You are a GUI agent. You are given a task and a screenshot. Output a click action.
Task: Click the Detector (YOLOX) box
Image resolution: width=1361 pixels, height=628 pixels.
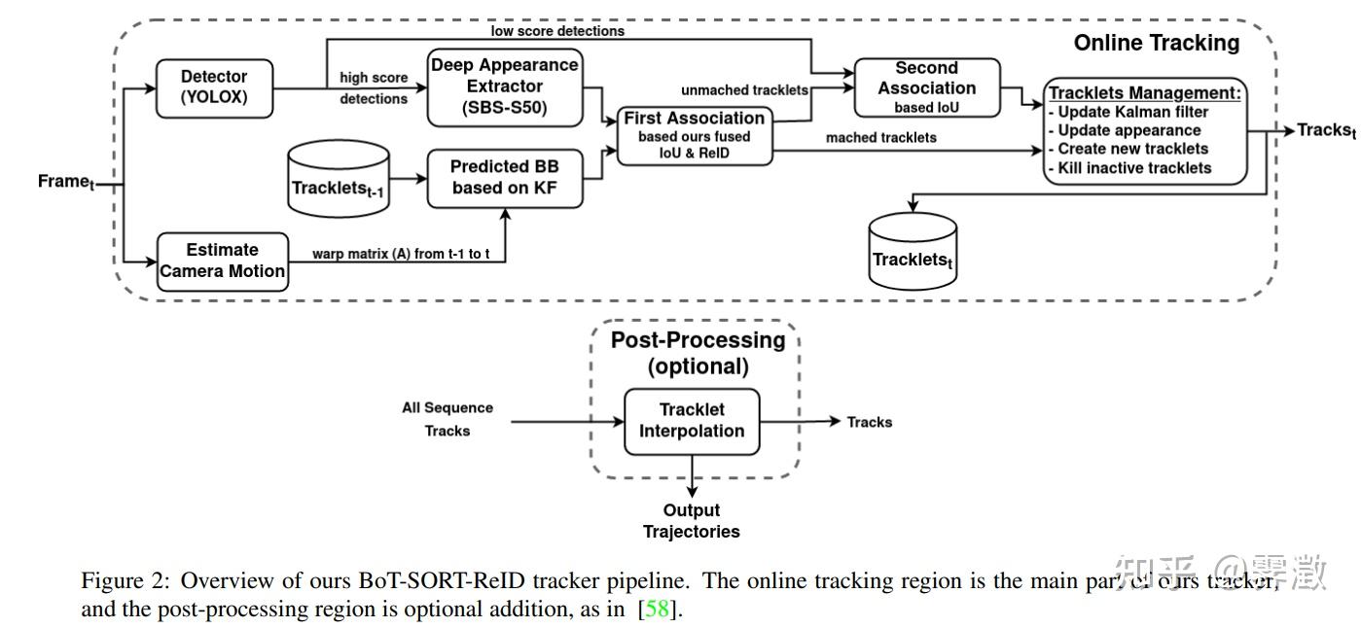(214, 87)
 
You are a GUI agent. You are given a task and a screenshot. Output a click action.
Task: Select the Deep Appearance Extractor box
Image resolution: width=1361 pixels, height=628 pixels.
(504, 87)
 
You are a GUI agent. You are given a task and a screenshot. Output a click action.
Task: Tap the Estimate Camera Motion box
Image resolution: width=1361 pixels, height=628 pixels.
(223, 261)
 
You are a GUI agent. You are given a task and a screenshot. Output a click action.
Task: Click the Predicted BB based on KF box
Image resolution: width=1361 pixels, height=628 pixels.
(504, 178)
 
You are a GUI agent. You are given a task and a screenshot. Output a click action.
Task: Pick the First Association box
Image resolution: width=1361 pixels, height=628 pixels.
(694, 134)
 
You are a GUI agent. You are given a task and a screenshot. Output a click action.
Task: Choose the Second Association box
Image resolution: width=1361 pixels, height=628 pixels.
(926, 87)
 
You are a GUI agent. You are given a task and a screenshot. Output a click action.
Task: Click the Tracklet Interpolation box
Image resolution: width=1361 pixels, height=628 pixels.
(691, 421)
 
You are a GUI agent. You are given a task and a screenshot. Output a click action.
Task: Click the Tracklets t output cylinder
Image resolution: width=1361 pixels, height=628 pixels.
(912, 252)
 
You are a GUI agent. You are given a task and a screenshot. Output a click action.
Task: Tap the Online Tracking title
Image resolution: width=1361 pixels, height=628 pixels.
(1156, 43)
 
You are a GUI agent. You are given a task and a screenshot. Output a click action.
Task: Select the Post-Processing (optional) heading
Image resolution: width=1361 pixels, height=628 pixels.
(698, 353)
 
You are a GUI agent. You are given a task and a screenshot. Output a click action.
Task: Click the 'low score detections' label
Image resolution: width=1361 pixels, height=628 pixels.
(557, 31)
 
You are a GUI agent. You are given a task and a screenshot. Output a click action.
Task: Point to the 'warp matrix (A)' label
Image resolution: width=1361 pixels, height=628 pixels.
(400, 254)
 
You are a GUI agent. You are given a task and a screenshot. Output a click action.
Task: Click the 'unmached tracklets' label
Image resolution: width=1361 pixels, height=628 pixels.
(744, 90)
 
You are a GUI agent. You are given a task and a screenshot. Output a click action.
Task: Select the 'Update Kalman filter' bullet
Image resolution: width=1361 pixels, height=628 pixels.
(1132, 112)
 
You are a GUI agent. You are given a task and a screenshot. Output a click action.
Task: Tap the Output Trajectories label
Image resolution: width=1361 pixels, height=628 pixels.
(691, 521)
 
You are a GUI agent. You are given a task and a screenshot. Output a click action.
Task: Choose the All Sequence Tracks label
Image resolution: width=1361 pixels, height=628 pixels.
(448, 419)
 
